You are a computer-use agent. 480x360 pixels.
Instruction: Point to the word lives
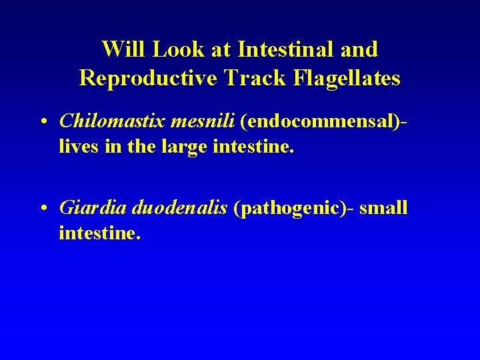pos(77,146)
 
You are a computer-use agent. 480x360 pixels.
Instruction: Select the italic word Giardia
pos(93,208)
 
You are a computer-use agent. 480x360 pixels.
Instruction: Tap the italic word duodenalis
pos(180,208)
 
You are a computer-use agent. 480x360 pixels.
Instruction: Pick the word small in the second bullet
pos(385,208)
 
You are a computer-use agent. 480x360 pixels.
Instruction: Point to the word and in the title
pos(359,49)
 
